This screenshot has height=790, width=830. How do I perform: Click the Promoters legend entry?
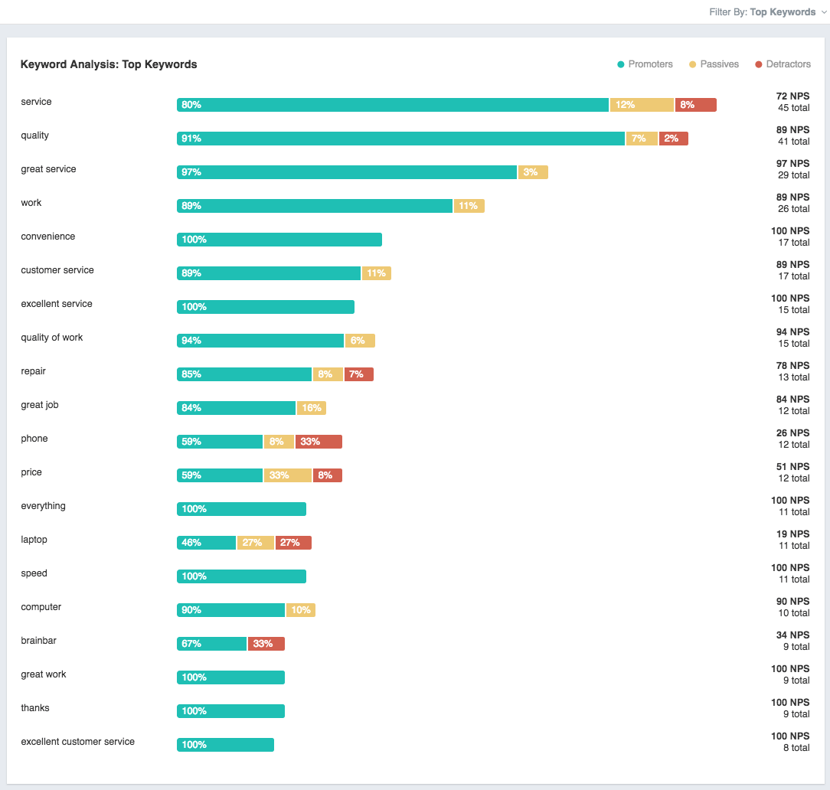(x=645, y=64)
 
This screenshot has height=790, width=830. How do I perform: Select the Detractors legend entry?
(x=783, y=64)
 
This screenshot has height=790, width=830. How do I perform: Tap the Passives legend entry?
(x=714, y=64)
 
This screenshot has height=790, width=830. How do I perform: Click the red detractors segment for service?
(x=696, y=105)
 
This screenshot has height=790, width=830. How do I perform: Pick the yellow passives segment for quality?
(x=642, y=139)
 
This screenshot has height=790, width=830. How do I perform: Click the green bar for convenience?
(x=279, y=240)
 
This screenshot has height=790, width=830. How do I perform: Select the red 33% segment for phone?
(x=319, y=442)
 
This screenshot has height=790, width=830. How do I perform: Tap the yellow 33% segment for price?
(x=288, y=475)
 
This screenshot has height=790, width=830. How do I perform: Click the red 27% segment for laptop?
(x=293, y=543)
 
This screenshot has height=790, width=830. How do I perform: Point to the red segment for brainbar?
(x=266, y=644)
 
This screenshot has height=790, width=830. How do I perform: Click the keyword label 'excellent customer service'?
(x=77, y=742)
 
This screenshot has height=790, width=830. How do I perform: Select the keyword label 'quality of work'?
(x=52, y=338)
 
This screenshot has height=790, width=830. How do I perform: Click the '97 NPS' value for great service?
(x=792, y=164)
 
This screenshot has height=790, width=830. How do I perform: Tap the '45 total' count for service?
(x=793, y=108)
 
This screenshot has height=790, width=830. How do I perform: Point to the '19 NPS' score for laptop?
(x=792, y=534)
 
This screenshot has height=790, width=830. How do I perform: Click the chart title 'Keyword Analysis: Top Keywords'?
(x=109, y=65)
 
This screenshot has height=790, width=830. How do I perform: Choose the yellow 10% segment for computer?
(x=301, y=610)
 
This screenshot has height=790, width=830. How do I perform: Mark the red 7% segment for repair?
(x=359, y=374)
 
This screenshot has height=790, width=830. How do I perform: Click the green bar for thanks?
(x=230, y=711)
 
